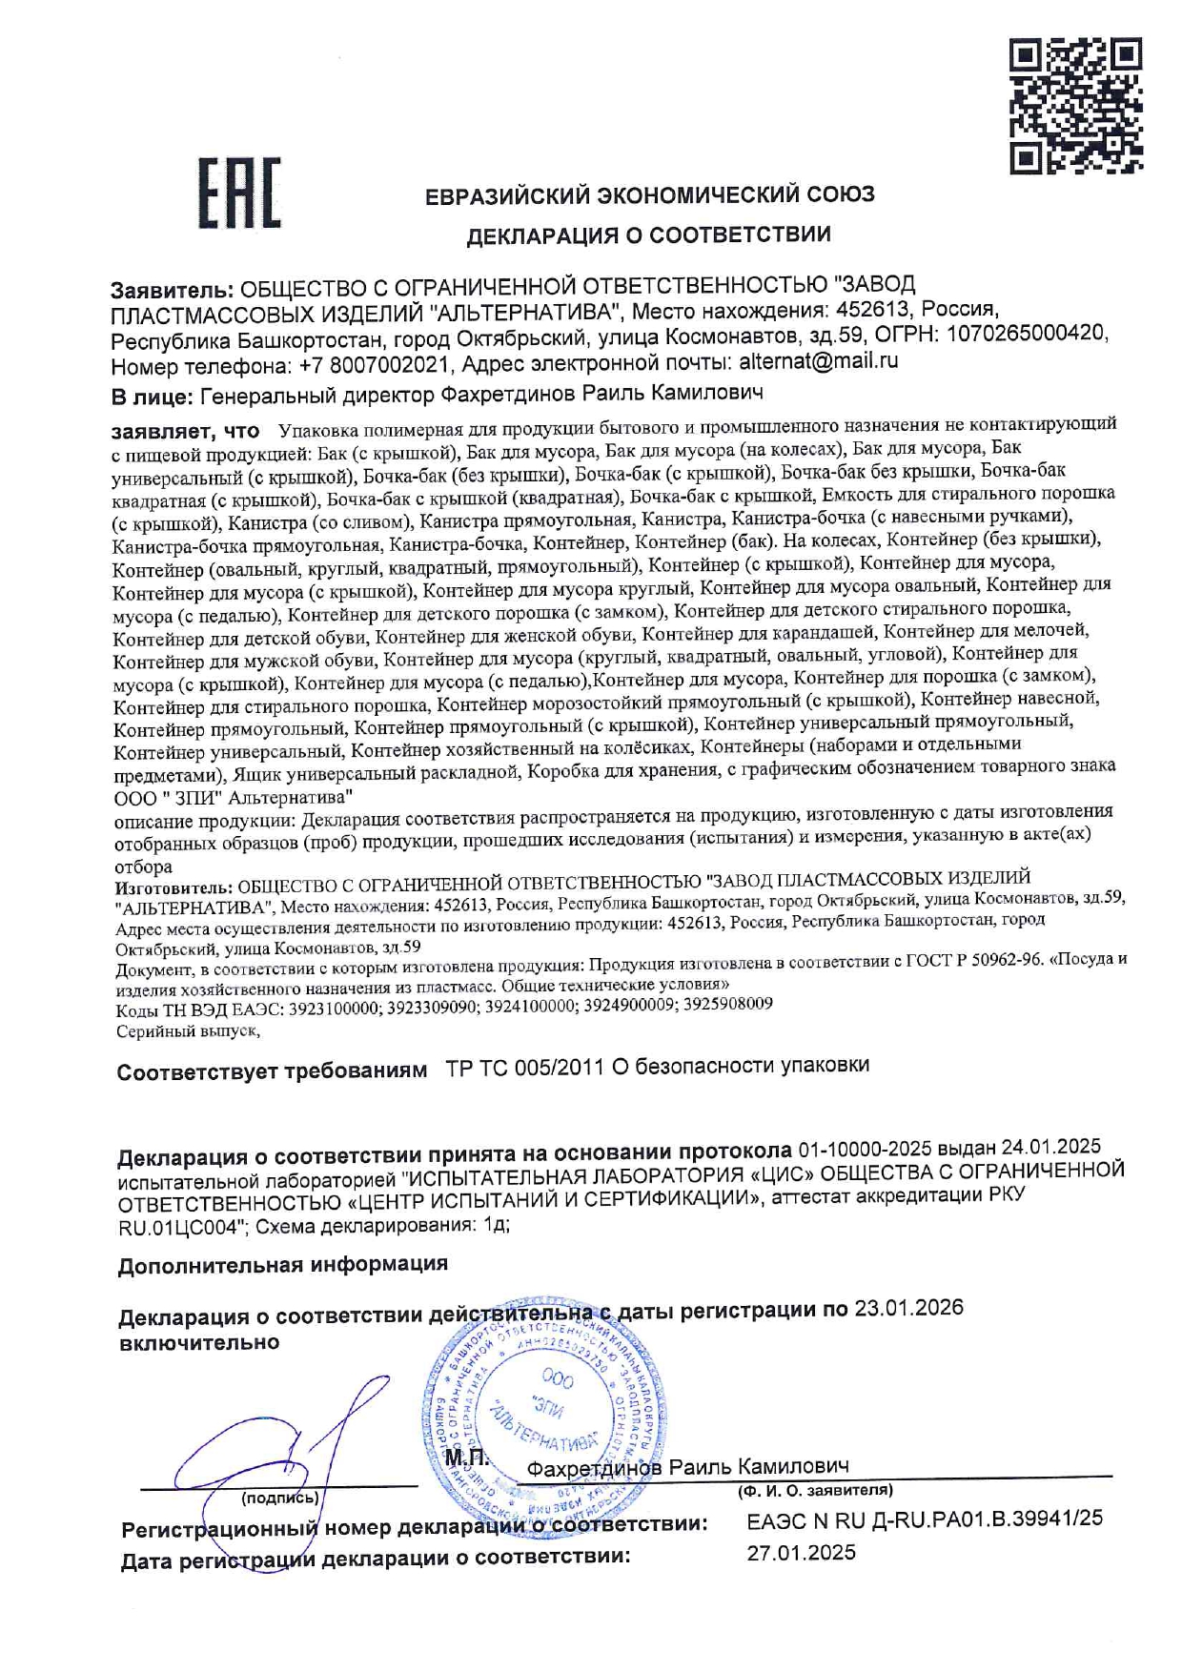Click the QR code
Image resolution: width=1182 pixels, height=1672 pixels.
pos(1075,106)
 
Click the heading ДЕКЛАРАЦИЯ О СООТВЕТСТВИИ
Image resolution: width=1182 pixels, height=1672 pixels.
pos(648,235)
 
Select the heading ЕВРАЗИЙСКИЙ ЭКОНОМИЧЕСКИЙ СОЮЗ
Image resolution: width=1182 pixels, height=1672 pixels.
pos(649,195)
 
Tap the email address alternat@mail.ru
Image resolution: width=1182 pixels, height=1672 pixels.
pos(818,361)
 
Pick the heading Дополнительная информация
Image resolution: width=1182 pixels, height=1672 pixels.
pos(282,1265)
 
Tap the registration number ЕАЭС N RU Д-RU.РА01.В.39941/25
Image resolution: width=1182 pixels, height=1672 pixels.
pos(924,1519)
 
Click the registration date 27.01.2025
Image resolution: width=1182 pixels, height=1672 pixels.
pos(801,1553)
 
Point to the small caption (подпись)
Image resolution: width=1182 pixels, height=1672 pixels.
pos(279,1499)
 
